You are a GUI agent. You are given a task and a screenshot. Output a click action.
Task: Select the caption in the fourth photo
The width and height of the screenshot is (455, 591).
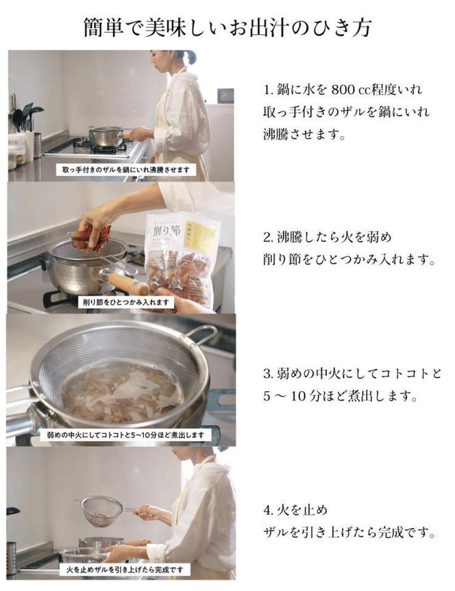124,569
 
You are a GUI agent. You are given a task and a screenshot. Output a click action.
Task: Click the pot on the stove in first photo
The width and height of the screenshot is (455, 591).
106,136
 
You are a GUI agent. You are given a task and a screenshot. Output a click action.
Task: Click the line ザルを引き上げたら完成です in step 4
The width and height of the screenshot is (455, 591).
349,532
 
